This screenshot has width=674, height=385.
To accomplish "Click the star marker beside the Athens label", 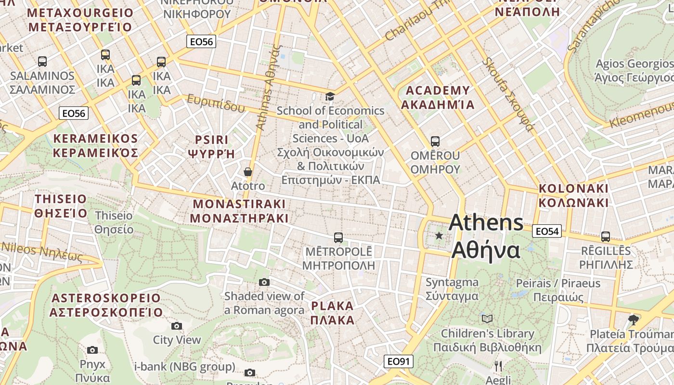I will click(439, 236).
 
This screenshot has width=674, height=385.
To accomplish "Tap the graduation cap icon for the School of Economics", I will click(330, 97).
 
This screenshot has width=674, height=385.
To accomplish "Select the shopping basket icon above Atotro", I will click(248, 172).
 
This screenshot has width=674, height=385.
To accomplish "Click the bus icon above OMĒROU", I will click(435, 141).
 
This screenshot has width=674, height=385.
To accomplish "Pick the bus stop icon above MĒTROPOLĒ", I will click(338, 237).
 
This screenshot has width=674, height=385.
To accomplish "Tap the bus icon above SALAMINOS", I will click(42, 62).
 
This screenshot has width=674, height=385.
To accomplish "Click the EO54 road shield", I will click(547, 231).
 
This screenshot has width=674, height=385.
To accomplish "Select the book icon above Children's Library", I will click(487, 319).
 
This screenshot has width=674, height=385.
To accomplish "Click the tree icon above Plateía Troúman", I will click(634, 320).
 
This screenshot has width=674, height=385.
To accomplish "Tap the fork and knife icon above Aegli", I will click(498, 366).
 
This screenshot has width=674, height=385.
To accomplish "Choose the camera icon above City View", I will click(177, 326).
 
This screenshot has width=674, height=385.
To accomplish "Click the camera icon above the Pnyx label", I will click(92, 350).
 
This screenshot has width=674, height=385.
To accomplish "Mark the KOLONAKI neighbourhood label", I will click(573, 195).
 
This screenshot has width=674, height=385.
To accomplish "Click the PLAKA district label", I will click(332, 313).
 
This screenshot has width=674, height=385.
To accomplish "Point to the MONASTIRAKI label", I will click(239, 211).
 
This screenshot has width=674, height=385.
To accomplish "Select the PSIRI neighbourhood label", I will click(211, 147).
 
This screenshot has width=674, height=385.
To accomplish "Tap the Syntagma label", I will click(452, 289).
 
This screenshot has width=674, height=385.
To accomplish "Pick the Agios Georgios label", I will click(635, 70).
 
